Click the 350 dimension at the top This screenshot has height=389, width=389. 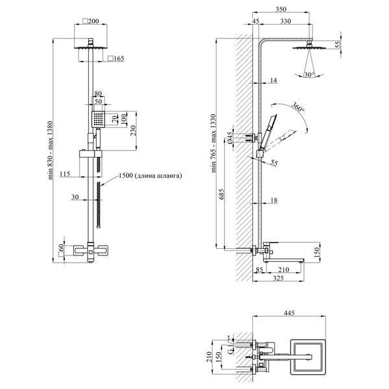281,10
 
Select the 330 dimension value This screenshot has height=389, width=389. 285,21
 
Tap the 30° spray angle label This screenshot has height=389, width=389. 309,75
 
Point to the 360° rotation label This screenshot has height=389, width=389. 298,107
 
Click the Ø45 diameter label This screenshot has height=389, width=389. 230,137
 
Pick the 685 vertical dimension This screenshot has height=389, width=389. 222,194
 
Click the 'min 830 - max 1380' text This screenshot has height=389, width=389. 51,150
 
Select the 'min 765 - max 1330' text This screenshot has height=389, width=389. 213,143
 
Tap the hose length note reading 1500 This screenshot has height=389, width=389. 150,176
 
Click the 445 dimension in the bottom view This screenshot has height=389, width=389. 289,313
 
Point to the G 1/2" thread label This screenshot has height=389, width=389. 230,345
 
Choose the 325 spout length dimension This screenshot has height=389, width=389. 278,278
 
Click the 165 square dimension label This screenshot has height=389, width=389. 116,58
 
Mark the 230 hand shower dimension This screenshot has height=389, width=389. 133,131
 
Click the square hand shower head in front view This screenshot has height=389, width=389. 99,119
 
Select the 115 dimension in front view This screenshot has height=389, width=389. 65,174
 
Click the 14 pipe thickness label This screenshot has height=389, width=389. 274,80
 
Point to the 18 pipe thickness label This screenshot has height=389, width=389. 274,200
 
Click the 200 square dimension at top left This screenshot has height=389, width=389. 91,21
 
